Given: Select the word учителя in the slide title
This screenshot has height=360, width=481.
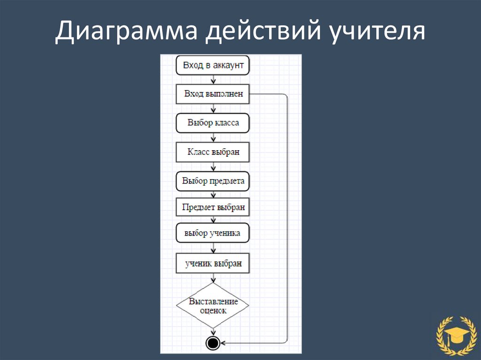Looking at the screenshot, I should [372, 33].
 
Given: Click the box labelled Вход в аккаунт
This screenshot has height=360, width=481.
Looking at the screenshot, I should [213, 66].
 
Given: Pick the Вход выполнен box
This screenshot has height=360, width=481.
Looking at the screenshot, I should [213, 94].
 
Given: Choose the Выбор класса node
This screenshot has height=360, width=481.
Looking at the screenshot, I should [213, 123].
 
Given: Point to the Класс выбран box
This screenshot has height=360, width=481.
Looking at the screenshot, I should [213, 152].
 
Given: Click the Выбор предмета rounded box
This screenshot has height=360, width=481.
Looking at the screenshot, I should [213, 181].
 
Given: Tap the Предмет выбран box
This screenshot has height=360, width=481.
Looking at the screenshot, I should [213, 207].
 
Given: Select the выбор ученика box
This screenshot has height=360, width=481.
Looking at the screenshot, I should [213, 233].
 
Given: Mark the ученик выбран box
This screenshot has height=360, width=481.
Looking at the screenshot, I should [213, 264].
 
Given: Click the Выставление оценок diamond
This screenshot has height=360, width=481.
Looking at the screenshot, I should [213, 306].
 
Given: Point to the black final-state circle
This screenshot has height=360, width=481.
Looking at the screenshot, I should [213, 343].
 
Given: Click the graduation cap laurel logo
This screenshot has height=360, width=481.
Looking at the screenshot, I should [453, 334].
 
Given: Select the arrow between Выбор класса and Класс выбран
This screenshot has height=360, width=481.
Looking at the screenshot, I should [213, 138].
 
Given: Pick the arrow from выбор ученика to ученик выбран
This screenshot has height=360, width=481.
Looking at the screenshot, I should [213, 248].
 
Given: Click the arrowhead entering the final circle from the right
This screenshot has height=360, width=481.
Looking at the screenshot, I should [223, 343].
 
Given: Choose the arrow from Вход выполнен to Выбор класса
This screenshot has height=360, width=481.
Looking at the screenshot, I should [213, 108].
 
